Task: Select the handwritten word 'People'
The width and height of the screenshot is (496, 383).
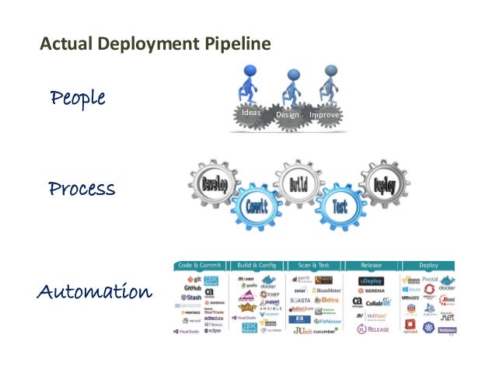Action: pos(77,99)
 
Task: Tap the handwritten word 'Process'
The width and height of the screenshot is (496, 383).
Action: pos(82,189)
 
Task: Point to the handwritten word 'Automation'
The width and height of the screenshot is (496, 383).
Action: pos(94,293)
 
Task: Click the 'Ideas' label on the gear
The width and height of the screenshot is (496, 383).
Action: pos(251,113)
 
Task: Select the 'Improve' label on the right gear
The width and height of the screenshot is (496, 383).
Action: pos(326,116)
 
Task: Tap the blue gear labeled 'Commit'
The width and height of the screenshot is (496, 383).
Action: pos(257,207)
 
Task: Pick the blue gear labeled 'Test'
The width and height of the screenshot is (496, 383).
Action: pos(340,206)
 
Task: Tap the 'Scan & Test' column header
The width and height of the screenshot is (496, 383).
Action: pos(317,265)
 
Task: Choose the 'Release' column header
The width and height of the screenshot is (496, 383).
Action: pos(373,265)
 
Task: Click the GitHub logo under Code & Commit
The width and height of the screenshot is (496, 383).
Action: pos(192,287)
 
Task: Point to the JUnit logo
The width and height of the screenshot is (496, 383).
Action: pos(306,330)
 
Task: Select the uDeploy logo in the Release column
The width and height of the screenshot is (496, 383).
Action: pos(372,280)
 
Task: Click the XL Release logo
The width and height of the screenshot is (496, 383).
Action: pos(372,329)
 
